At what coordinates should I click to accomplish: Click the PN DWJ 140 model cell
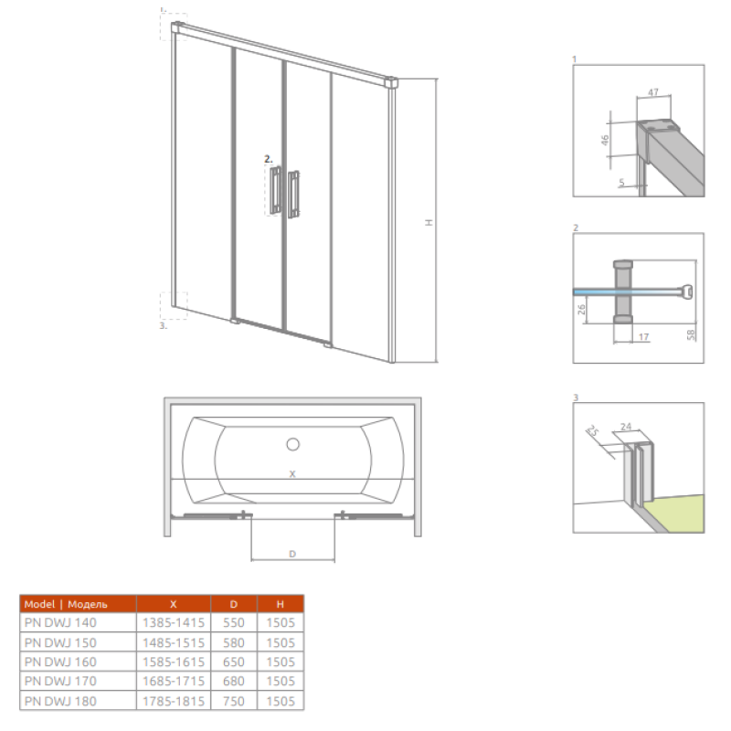coord(60,622)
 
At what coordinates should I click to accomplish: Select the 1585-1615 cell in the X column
coord(174,662)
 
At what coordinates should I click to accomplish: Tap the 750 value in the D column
coord(234,701)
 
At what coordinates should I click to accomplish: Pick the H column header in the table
coord(281,604)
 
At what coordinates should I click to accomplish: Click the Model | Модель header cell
coord(66,604)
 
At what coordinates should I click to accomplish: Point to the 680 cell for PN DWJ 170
coord(234,681)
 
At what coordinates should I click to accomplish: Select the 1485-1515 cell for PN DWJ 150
coord(174,643)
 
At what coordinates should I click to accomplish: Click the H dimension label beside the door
coord(429,222)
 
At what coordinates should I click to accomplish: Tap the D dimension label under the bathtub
coord(292,554)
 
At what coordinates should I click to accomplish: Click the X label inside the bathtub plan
coord(292,474)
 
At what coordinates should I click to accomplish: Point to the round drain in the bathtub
coord(292,444)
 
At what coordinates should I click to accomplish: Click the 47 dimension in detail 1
coord(653,92)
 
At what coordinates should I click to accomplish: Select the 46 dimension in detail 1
coord(605,140)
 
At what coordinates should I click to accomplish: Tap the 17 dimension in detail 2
coord(643,336)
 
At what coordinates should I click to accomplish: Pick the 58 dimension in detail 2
coord(691,334)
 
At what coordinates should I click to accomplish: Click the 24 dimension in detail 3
coord(626,426)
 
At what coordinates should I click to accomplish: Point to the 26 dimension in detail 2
coord(581,309)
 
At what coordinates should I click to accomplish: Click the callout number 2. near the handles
coord(268,159)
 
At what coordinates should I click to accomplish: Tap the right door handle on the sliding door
coord(293,195)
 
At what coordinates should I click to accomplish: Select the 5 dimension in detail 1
coord(621,183)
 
